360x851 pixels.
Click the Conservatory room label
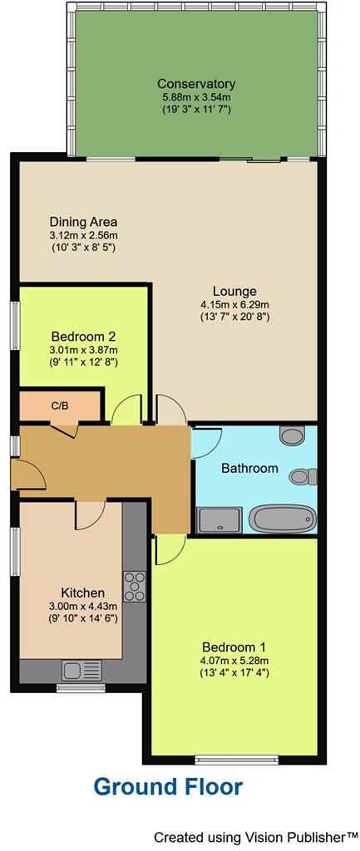(x=196, y=84)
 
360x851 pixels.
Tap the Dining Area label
(x=83, y=222)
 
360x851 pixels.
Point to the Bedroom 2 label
(x=83, y=337)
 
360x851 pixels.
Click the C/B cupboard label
(x=60, y=406)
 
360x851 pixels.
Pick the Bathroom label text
(x=249, y=468)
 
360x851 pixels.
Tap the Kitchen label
(x=83, y=593)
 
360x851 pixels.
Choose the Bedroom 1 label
(x=234, y=647)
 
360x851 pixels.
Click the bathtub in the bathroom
(x=283, y=519)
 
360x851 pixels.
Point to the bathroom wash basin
(x=293, y=435)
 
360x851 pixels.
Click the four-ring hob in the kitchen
(x=135, y=586)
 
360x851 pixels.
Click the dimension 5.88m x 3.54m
(x=196, y=97)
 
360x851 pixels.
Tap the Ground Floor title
(x=168, y=786)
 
